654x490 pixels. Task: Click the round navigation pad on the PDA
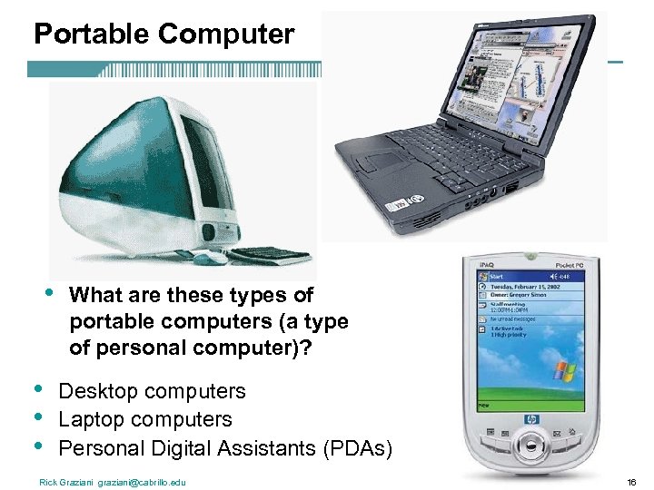530,446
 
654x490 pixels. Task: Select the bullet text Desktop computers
152,391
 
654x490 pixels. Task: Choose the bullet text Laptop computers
145,419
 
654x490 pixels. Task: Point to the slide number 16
630,482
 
